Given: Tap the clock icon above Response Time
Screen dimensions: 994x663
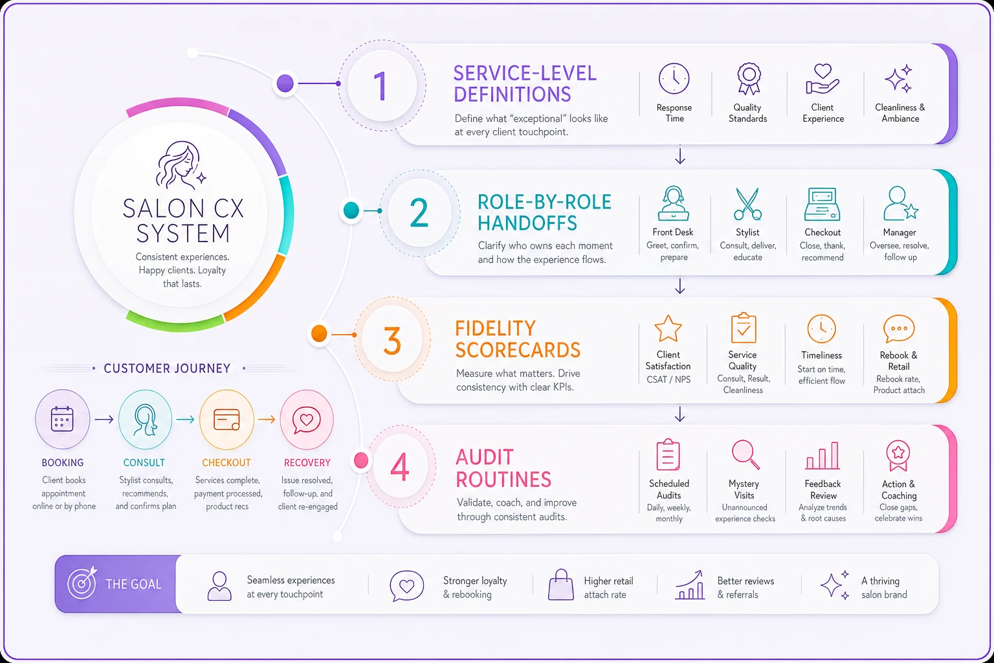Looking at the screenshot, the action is click(x=674, y=78).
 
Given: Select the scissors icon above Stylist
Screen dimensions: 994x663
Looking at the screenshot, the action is click(x=747, y=204).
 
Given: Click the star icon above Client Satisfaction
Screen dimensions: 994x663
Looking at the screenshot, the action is click(x=668, y=328).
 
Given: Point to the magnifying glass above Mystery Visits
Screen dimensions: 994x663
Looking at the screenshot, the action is click(x=745, y=455).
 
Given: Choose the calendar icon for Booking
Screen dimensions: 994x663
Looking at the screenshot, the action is click(x=62, y=419).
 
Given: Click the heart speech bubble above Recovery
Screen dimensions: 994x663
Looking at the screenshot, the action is click(x=306, y=420).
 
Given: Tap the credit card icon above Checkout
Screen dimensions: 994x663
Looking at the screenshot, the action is click(x=226, y=419).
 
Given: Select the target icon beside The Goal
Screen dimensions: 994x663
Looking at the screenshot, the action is click(x=82, y=583).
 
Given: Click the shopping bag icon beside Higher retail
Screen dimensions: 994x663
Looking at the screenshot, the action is click(x=561, y=585).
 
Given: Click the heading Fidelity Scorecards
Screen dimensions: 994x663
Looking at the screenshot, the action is click(x=518, y=339).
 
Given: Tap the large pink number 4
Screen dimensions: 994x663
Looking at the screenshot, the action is click(x=399, y=467).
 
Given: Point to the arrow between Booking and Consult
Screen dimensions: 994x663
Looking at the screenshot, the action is click(x=104, y=419).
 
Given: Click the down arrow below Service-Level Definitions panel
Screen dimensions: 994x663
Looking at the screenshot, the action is click(x=680, y=155).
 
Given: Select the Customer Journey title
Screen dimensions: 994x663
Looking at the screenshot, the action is click(x=168, y=368).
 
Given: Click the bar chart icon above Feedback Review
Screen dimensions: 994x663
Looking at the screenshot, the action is click(x=823, y=456).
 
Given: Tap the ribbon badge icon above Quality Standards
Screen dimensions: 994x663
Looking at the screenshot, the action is click(x=749, y=78).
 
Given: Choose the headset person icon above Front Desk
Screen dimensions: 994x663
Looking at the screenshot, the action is click(x=673, y=203).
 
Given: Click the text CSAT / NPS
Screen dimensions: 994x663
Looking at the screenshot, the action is click(x=668, y=379).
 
